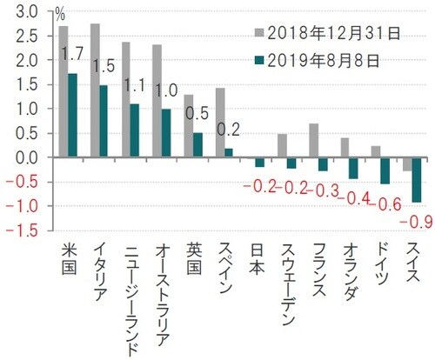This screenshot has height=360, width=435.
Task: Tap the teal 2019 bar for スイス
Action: (x=417, y=180)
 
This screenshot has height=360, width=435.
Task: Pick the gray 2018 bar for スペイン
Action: (x=219, y=123)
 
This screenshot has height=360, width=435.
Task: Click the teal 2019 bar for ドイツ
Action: (x=385, y=171)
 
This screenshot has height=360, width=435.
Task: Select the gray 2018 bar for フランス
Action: (x=313, y=141)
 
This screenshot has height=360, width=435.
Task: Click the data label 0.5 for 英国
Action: (x=197, y=114)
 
